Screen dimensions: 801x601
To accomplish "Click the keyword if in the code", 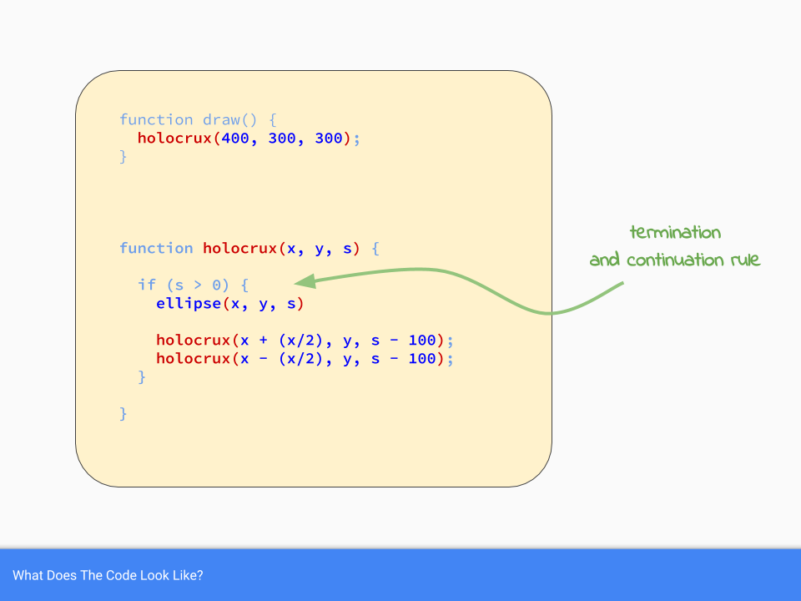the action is pyautogui.click(x=146, y=285).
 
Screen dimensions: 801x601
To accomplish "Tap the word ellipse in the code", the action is pyautogui.click(x=188, y=303).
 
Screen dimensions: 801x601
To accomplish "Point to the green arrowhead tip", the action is pyautogui.click(x=295, y=281).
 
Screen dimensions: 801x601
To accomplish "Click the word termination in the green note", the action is pyautogui.click(x=675, y=232).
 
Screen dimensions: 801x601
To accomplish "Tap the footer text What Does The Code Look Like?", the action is pyautogui.click(x=108, y=575).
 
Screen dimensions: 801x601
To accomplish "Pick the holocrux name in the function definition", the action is pyautogui.click(x=239, y=248).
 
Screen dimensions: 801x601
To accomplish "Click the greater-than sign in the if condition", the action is pyautogui.click(x=193, y=285).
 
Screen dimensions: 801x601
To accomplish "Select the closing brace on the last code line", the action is pyautogui.click(x=123, y=413).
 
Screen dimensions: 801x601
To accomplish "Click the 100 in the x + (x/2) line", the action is pyautogui.click(x=423, y=340).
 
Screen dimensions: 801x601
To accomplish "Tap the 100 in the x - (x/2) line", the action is pyautogui.click(x=423, y=358).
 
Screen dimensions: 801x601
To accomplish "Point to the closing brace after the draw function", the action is pyautogui.click(x=123, y=156).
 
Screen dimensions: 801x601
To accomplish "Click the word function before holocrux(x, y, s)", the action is pyautogui.click(x=156, y=248).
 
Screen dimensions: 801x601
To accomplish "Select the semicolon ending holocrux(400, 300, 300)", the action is pyautogui.click(x=358, y=139).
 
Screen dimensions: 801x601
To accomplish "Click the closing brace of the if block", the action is pyautogui.click(x=142, y=376).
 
